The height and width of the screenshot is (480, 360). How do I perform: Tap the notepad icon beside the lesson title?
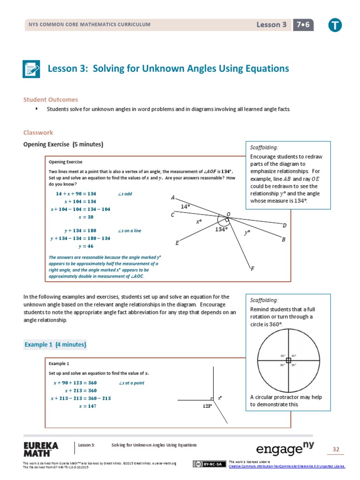pos(32,69)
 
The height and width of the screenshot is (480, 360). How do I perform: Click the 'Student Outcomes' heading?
pos(51,100)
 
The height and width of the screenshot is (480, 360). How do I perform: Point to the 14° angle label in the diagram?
pos(186,206)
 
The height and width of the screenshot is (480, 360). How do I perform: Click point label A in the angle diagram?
pos(173,197)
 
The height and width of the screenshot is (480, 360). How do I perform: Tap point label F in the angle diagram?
pos(253,269)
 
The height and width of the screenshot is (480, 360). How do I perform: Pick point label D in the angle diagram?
pos(284,225)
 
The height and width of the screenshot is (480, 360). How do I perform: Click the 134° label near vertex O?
pos(221,229)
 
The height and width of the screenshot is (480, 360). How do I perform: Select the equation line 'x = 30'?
pos(86,217)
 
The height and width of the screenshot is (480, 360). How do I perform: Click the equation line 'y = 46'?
pos(86,247)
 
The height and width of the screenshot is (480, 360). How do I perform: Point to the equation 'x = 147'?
pos(87,406)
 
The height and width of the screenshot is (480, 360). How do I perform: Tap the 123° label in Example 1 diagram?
pos(208,406)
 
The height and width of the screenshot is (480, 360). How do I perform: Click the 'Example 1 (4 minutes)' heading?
pos(55,345)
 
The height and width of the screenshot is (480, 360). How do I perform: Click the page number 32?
pos(336,450)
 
